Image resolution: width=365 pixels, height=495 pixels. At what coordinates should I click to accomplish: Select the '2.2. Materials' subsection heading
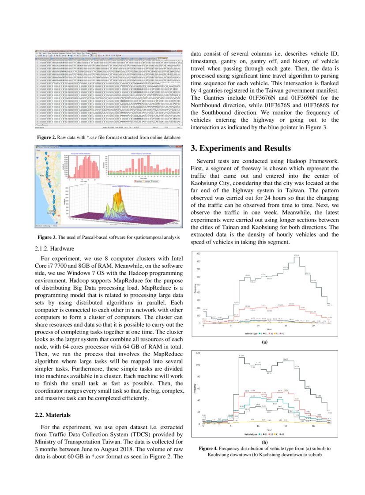pyautogui.click(x=52, y=415)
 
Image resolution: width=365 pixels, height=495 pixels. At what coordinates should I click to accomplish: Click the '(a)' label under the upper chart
pyautogui.click(x=264, y=342)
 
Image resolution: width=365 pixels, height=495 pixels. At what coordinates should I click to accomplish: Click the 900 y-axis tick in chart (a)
pyautogui.click(x=198, y=253)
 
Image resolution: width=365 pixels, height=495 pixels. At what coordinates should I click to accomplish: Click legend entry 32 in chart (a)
pyautogui.click(x=270, y=334)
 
